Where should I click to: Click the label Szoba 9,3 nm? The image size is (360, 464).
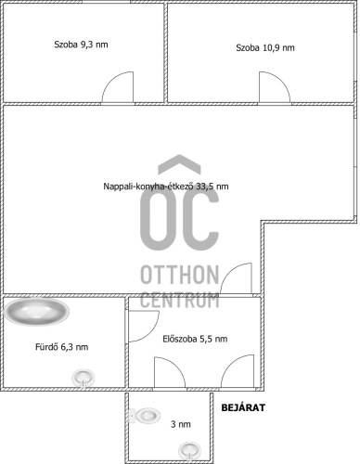coord(81,45)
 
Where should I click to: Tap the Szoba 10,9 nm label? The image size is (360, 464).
coord(265,48)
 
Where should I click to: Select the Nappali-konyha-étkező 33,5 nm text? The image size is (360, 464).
coord(166,187)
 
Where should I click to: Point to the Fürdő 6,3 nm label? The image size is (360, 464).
coord(62,347)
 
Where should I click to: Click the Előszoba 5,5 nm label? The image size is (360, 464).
coord(195,339)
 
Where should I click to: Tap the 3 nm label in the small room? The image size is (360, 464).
coord(181,424)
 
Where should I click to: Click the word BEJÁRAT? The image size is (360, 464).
coord(243,407)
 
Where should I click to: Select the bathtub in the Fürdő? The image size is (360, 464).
coord(36,312)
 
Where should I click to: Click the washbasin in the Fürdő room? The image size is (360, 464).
coord(83,378)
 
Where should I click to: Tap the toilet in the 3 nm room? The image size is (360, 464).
coord(145,415)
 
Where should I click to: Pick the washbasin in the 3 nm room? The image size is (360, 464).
coord(189,450)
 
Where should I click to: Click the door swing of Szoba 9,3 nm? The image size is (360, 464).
coord(118,87)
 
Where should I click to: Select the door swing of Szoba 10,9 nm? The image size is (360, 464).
coord(275,87)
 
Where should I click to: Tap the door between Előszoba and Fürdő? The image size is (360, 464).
coord(144,327)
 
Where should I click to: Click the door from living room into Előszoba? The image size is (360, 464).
coord(236,277)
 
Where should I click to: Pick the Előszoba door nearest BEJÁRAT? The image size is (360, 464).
coord(238,370)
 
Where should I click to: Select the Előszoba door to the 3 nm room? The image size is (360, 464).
coord(170,372)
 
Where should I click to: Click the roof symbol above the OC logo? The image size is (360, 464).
coord(179,163)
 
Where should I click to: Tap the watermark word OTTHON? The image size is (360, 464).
coord(180,275)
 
